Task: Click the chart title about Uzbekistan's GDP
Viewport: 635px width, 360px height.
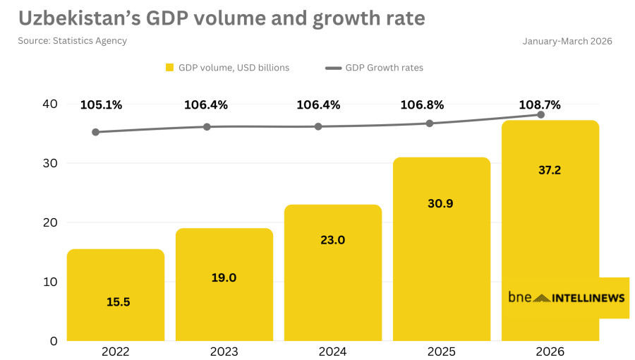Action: coord(222,18)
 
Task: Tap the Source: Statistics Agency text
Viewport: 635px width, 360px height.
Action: coord(73,41)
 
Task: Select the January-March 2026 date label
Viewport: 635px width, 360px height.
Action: coord(567,41)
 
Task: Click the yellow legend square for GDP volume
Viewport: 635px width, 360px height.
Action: coord(169,68)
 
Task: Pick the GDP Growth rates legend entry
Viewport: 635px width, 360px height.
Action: coord(374,68)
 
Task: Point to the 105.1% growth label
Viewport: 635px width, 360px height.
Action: coord(101,105)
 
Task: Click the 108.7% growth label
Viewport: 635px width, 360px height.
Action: coord(540,105)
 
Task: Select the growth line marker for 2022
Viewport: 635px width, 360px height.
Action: coord(95,132)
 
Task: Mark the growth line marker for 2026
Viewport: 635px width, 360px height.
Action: coord(541,114)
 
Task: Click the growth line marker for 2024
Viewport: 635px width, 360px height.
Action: coord(318,126)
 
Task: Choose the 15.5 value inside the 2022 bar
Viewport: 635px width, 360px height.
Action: coord(118,301)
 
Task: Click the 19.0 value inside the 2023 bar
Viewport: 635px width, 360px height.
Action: coord(224,277)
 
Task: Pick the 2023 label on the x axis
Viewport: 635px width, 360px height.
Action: coord(224,351)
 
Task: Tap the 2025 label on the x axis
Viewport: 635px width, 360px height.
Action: coord(442,351)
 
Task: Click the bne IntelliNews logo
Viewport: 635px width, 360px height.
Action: coord(566,298)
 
